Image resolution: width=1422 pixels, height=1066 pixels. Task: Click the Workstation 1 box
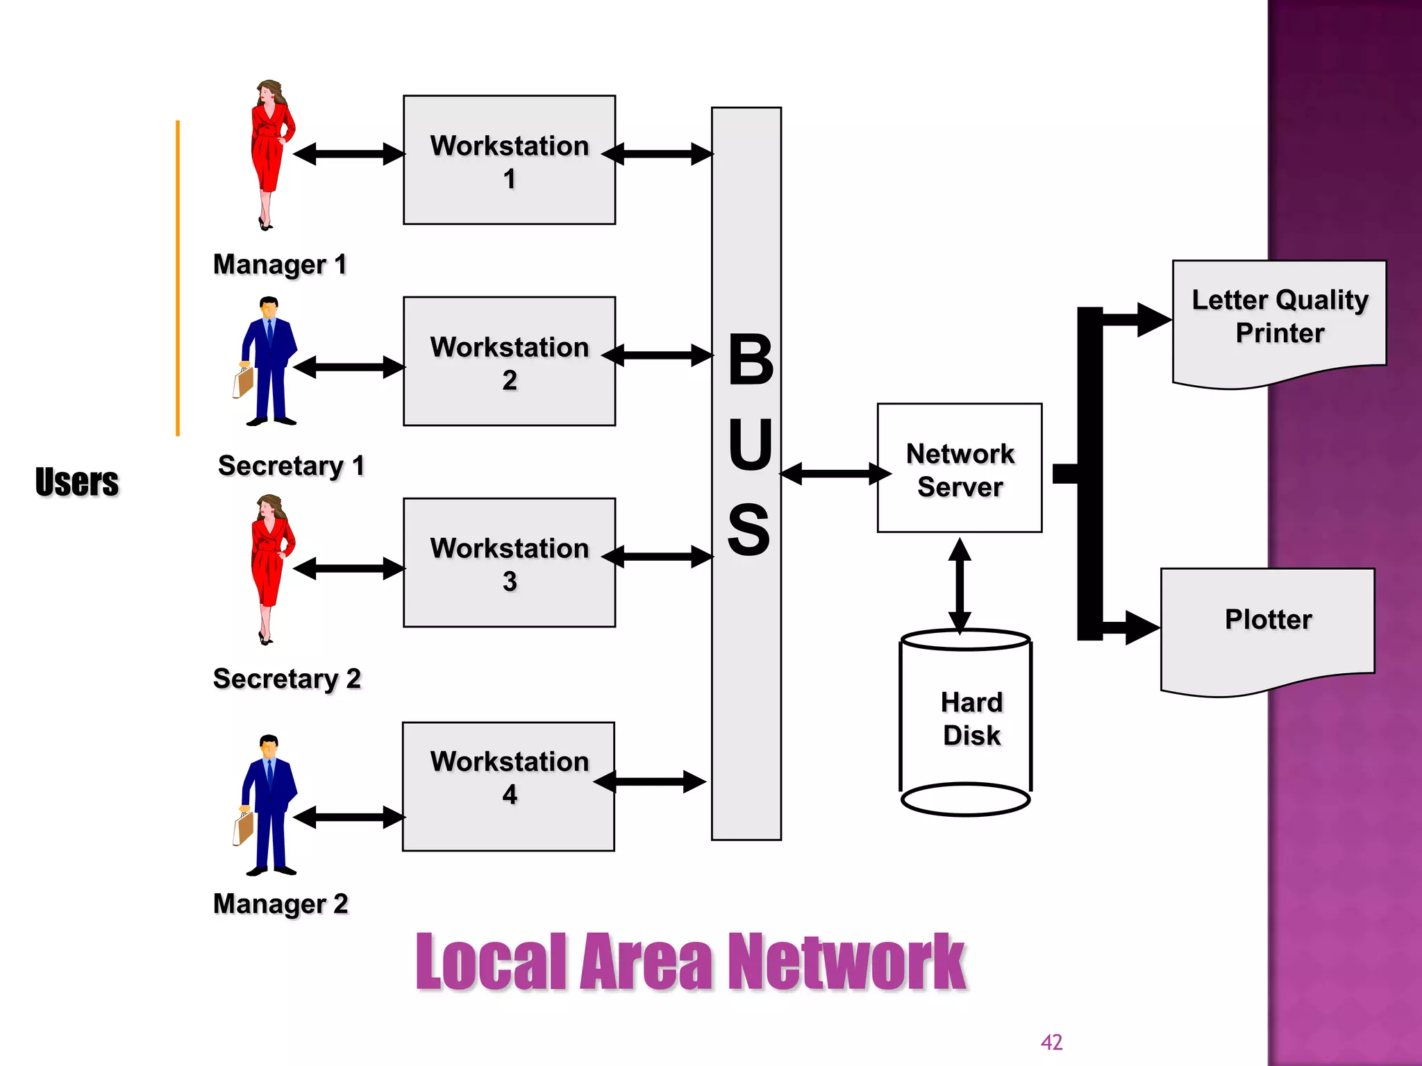click(509, 160)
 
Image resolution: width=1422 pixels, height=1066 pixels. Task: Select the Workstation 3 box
click(509, 562)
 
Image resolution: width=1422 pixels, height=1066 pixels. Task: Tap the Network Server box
click(959, 468)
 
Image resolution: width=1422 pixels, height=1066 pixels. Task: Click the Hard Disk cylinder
click(965, 722)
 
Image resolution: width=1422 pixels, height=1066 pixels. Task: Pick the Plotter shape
click(1267, 628)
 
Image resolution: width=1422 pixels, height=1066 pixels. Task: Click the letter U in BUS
click(750, 444)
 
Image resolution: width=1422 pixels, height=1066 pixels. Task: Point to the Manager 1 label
click(280, 264)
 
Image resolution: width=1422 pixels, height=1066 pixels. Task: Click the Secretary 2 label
click(287, 679)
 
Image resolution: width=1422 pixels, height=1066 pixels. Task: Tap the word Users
click(77, 482)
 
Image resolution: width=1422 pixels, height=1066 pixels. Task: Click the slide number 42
click(1051, 1042)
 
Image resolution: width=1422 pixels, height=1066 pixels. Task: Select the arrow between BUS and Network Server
click(835, 474)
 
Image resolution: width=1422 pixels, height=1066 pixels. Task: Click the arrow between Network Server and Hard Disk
click(960, 584)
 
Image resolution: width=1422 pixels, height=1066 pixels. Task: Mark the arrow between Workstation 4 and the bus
click(650, 781)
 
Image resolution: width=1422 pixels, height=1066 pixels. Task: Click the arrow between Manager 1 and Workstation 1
click(349, 154)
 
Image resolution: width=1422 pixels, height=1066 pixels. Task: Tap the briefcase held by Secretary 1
click(243, 382)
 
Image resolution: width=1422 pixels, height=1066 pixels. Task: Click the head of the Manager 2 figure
click(269, 747)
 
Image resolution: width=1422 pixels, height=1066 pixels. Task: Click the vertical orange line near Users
click(178, 278)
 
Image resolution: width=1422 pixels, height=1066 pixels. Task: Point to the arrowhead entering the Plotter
click(1141, 627)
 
